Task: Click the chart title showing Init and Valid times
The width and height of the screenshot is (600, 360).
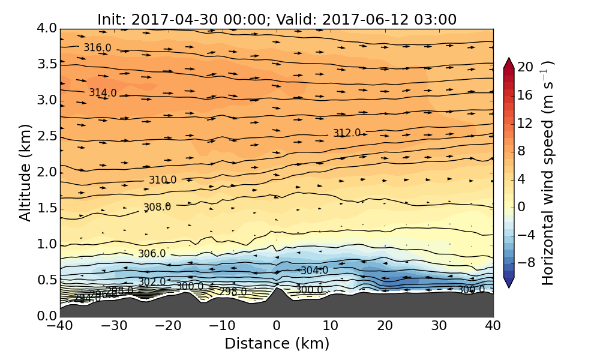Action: click(x=277, y=19)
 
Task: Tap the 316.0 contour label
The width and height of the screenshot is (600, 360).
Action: click(x=97, y=48)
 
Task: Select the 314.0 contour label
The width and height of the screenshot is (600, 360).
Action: click(x=103, y=93)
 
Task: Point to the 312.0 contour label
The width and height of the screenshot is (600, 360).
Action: click(x=347, y=133)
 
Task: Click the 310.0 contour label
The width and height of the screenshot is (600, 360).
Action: click(x=163, y=180)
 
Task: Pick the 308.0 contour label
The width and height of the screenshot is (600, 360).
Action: click(x=157, y=207)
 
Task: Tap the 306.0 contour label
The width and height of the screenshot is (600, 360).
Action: click(x=152, y=254)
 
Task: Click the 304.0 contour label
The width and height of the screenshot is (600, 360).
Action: click(x=314, y=271)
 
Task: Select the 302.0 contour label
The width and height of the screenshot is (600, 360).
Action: click(x=152, y=282)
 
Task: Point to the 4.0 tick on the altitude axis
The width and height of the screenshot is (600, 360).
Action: click(x=48, y=28)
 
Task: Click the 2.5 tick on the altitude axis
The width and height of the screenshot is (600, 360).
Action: click(x=48, y=136)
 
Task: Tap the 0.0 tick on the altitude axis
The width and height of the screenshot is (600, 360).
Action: click(x=48, y=316)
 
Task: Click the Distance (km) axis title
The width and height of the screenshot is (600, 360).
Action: click(x=277, y=344)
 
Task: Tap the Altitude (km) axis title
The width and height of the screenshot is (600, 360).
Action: click(x=25, y=172)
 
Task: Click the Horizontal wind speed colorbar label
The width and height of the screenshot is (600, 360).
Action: click(x=548, y=173)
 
